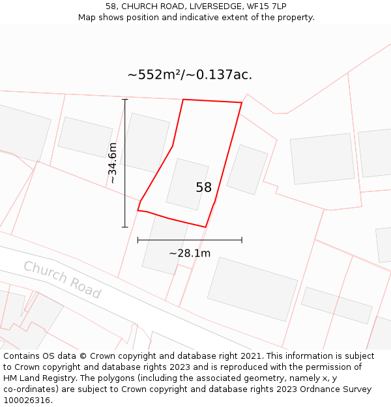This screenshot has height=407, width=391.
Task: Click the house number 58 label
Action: pos(203,188)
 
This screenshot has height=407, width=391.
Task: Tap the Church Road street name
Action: pos(63,279)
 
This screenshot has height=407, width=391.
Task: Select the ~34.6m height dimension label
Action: pos(112,163)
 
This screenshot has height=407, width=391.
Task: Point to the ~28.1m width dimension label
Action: pos(190,253)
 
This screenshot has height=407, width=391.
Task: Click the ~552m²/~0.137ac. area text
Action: pos(190,75)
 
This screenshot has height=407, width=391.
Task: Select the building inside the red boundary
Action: pos(187,184)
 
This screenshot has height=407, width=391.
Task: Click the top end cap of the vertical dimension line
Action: pos(125,100)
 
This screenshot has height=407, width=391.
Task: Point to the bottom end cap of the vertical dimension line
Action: pos(125,227)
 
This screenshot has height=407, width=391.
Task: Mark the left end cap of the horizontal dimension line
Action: pos(138,240)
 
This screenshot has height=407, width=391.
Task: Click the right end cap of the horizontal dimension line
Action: pos(242,240)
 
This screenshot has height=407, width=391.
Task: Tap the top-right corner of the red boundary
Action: pos(242,102)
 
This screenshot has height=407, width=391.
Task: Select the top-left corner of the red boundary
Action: pos(183,100)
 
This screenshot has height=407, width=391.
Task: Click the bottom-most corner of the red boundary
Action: pos(206,227)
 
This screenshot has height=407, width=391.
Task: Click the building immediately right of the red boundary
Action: pos(247,169)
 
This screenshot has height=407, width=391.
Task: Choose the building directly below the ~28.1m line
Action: pos(252,288)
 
